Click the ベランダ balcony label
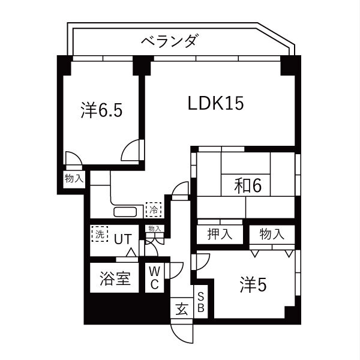pos(170,41)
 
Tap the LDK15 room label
pos(215,103)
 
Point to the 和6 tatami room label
pos(248,186)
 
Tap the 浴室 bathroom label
pos(115,279)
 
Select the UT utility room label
pos(123,238)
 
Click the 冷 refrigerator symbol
pos(154,210)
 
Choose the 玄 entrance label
pos(181,309)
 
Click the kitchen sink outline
pos(126,211)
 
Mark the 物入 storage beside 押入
pos(271,234)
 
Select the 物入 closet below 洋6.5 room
pos(74,178)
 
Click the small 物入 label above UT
pos(154,229)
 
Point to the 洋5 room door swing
pos(200,262)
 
